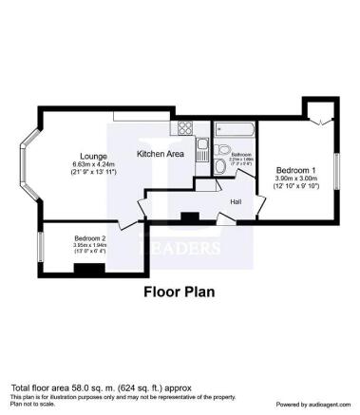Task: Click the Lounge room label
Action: tap(93, 156)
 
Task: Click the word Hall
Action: tap(235, 201)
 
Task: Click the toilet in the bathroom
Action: tap(220, 167)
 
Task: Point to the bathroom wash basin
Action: tap(221, 149)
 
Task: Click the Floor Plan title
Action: tap(180, 293)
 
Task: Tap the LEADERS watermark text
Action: tap(180, 248)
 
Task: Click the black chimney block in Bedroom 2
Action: tap(89, 270)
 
